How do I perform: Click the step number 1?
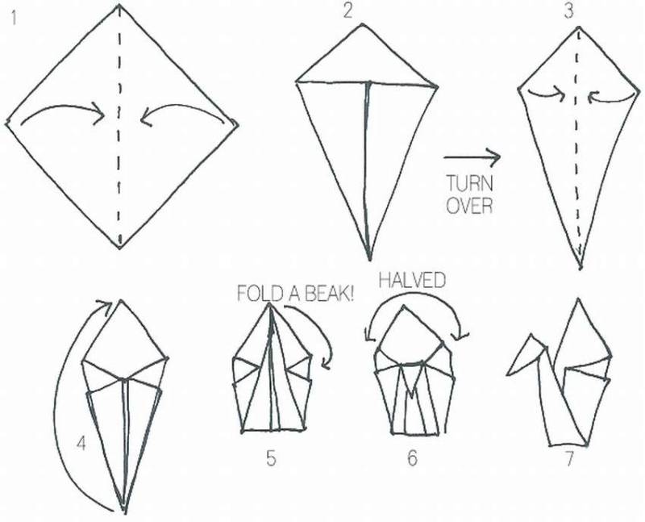tap(15, 19)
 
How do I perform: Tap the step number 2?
tap(348, 11)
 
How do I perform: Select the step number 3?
tap(568, 11)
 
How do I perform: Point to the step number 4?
tap(81, 444)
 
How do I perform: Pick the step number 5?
tap(271, 458)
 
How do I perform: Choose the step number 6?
tap(412, 457)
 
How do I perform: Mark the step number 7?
tap(569, 459)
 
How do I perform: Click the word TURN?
tap(469, 183)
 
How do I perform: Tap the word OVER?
tap(469, 205)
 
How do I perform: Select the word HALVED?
tap(412, 280)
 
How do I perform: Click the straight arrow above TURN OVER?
tap(472, 157)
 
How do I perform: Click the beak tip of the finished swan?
tap(508, 374)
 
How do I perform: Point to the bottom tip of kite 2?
tap(369, 260)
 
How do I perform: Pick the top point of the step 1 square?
tap(119, 5)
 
